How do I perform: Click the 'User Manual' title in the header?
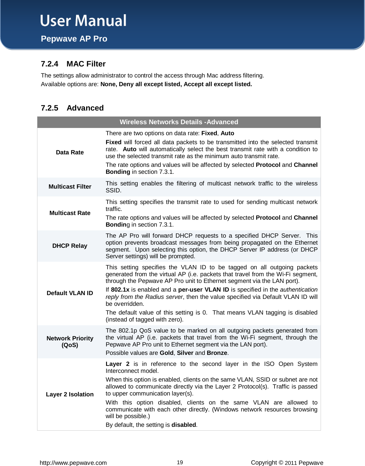83,21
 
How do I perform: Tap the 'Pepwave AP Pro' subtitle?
74,39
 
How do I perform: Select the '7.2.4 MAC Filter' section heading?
73,64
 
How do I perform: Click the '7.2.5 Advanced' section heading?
72,108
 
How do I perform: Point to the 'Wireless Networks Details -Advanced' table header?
179,122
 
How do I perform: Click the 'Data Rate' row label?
70,152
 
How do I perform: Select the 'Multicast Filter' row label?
70,187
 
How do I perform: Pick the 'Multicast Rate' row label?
70,213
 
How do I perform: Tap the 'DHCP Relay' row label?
70,246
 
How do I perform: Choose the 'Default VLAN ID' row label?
70,293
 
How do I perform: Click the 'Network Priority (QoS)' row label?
70,342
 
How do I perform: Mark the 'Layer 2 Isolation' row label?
70,394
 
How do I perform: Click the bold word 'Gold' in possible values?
166,353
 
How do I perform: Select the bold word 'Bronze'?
217,353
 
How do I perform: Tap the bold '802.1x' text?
120,290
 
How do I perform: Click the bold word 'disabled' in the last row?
184,425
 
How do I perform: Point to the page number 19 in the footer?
180,462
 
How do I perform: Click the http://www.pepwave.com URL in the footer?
73,463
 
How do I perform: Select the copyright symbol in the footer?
281,463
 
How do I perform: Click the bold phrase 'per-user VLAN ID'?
204,290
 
